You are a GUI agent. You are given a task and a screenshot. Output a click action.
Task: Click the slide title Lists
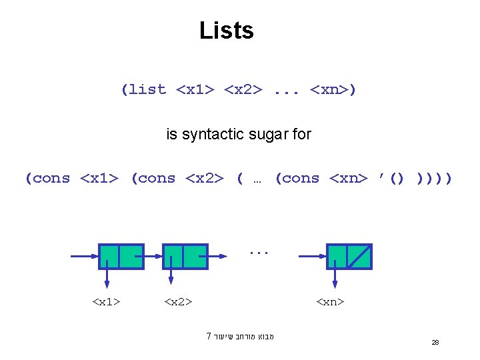227,31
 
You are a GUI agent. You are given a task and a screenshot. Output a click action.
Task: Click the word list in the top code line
147,90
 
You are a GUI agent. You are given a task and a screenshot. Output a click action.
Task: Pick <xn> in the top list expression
330,90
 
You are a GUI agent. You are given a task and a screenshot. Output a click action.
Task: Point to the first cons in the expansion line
51,179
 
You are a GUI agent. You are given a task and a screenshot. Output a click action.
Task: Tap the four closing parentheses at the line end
434,179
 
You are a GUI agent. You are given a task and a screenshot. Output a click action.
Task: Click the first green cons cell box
121,256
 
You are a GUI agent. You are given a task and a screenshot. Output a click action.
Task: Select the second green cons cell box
185,256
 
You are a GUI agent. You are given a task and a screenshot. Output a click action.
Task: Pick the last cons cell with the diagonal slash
349,256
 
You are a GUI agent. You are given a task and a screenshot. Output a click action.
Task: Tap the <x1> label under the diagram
106,302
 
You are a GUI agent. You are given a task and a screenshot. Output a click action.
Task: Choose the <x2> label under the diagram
178,302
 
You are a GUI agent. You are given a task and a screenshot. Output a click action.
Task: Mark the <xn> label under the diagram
330,302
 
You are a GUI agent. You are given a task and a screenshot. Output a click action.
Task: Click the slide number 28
435,342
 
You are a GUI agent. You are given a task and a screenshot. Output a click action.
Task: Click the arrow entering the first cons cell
83,256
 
